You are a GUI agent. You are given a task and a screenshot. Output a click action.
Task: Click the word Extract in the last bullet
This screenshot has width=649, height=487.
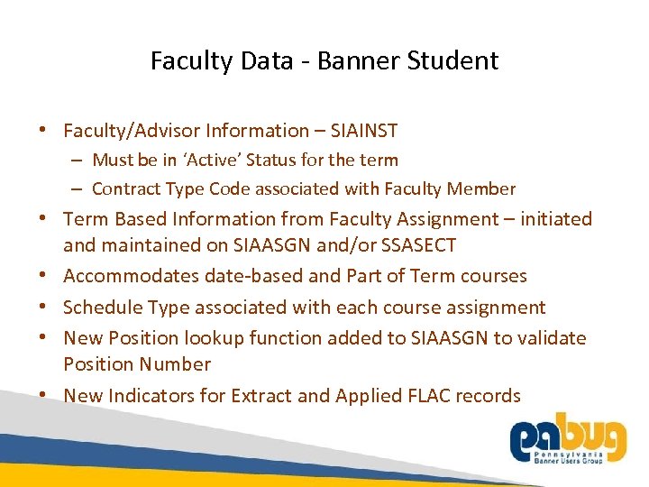261,395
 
